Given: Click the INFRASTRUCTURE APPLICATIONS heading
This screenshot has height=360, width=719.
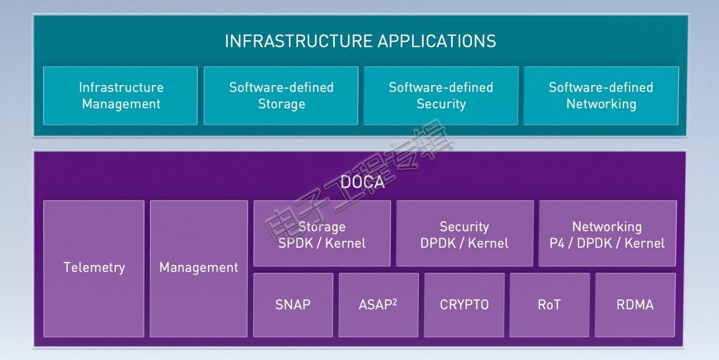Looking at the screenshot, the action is (x=360, y=41).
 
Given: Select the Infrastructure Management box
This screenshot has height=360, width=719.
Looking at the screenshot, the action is (x=120, y=96).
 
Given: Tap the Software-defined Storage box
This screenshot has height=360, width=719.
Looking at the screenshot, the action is (x=281, y=96).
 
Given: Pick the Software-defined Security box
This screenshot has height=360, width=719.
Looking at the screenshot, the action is (x=441, y=96).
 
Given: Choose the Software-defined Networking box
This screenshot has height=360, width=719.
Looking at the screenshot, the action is (x=601, y=96).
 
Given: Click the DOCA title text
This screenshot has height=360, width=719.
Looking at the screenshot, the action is (x=363, y=183).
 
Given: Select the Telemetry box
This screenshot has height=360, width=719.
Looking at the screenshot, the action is (x=93, y=269).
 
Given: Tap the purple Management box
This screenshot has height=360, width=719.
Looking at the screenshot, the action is (x=199, y=269).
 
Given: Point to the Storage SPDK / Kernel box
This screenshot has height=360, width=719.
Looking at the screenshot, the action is (x=322, y=234).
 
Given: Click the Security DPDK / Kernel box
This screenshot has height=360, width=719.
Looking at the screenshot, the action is (x=465, y=234).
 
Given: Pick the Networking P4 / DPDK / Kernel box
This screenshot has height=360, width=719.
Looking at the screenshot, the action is (x=607, y=234).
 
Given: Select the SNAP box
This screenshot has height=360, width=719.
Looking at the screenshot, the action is (x=293, y=305).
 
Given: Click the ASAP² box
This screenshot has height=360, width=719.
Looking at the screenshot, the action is (x=378, y=305).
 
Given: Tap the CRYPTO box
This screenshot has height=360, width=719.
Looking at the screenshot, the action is (x=464, y=305).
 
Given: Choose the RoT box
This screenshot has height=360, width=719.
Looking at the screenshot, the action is (x=550, y=305).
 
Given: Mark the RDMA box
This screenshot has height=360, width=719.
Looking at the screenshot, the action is (x=635, y=305).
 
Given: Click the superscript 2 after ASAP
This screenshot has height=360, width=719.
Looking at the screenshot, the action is (x=394, y=302).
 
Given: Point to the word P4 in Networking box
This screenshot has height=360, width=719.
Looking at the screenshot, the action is (x=557, y=243).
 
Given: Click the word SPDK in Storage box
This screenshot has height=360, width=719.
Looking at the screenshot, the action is (x=296, y=243).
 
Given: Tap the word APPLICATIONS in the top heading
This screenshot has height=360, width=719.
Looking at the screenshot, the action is (x=437, y=41).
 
